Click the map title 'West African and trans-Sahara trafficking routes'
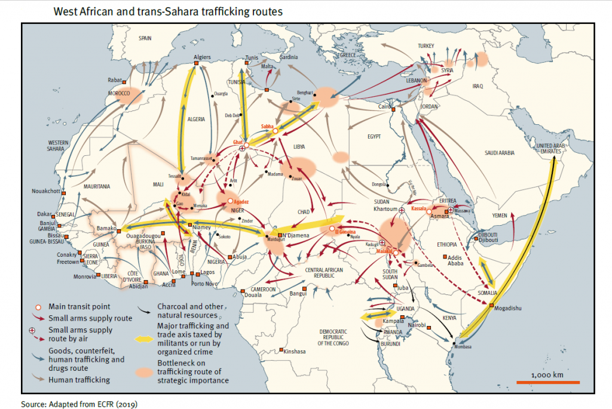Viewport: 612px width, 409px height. [168, 11]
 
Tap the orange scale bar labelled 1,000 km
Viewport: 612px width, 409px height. [547, 382]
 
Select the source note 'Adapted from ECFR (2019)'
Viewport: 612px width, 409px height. [79, 404]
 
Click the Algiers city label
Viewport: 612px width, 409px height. [203, 59]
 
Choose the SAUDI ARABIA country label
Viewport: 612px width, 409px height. [498, 153]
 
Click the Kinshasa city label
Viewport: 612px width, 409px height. [294, 352]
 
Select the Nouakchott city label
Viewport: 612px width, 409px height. [46, 191]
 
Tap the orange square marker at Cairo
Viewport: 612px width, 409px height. [393, 109]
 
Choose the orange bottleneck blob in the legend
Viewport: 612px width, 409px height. [146, 371]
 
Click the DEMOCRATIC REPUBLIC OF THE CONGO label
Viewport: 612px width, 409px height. [333, 338]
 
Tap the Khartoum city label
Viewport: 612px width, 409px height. [385, 210]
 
